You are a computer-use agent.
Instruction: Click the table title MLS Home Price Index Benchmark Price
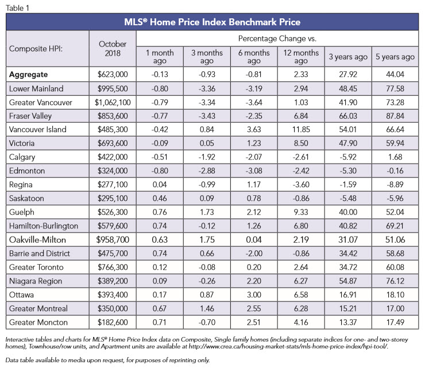click(x=212, y=22)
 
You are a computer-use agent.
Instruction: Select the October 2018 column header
click(x=113, y=48)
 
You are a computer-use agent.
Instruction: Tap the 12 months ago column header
click(x=301, y=57)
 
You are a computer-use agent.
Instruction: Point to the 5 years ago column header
click(x=395, y=57)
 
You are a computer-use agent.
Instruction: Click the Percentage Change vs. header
click(x=277, y=38)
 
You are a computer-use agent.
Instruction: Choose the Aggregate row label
click(x=29, y=75)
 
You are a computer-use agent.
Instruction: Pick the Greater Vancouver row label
click(x=41, y=102)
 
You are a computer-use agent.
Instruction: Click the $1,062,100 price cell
click(x=113, y=102)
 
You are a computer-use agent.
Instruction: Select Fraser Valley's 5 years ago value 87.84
click(x=395, y=116)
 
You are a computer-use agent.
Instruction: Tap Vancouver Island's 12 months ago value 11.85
click(x=301, y=130)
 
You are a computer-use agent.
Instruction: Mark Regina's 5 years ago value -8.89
click(x=395, y=184)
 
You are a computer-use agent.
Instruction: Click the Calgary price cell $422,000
click(x=113, y=157)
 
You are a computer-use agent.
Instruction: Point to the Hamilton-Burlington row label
click(x=44, y=226)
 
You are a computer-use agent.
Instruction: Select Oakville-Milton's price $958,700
click(x=113, y=240)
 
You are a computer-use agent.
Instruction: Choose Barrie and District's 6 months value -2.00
click(x=254, y=253)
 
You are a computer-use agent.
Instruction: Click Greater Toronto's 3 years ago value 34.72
click(x=348, y=267)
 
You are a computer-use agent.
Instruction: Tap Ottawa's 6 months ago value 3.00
click(x=254, y=294)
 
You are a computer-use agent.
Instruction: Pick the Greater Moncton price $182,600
click(x=113, y=323)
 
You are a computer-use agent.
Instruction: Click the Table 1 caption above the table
click(x=17, y=8)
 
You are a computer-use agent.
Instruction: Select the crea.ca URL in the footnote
click(x=288, y=346)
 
